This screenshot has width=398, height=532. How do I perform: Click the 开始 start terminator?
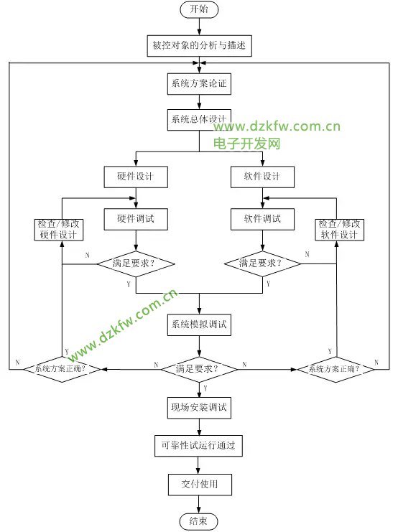[x=199, y=10]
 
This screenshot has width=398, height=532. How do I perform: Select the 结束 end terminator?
[x=199, y=521]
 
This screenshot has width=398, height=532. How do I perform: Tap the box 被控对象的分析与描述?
[x=199, y=46]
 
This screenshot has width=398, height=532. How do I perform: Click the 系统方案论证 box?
[x=199, y=83]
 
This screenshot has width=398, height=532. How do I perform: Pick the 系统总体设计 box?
[x=199, y=119]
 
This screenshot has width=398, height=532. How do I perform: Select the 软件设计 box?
[x=262, y=177]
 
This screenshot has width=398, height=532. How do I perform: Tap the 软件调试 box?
[x=262, y=218]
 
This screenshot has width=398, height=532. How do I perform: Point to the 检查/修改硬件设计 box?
[x=61, y=229]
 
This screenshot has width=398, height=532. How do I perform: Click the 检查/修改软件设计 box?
[x=339, y=229]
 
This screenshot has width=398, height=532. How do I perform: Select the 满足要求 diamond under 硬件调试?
[x=135, y=263]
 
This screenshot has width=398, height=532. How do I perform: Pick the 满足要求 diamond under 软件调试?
[x=262, y=263]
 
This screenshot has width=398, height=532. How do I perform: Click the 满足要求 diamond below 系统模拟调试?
[x=199, y=369]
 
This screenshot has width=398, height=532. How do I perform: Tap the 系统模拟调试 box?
[x=199, y=325]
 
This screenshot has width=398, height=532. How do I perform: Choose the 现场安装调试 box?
[x=199, y=409]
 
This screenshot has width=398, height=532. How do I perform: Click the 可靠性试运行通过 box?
[x=199, y=446]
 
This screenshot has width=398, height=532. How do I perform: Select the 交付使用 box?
[x=199, y=484]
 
